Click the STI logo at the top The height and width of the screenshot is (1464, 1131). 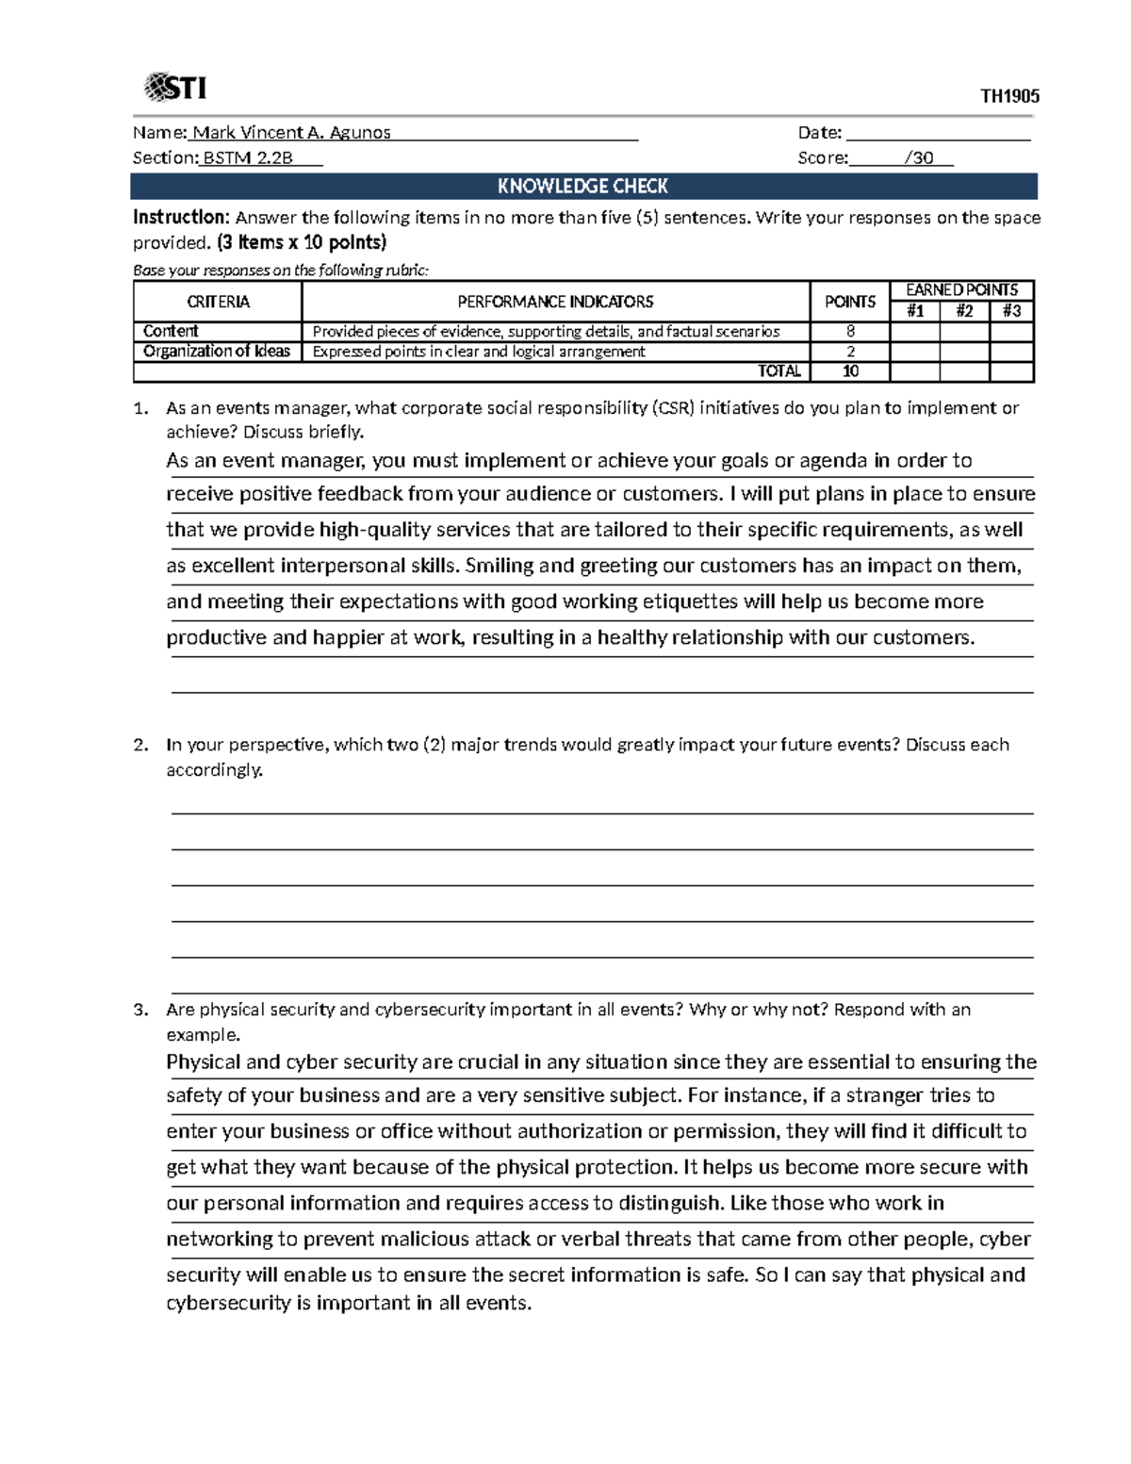coord(175,88)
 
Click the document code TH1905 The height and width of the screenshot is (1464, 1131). coord(1009,96)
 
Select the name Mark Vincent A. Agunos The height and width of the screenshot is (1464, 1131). coord(291,133)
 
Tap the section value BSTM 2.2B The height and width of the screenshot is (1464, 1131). coord(248,158)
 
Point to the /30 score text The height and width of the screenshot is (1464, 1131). coord(918,158)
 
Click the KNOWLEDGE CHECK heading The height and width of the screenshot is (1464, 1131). coord(582,187)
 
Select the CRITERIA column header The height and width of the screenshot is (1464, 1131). coord(218,302)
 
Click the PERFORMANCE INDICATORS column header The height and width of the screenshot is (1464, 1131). coord(555,302)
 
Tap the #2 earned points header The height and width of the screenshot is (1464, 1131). coord(964,311)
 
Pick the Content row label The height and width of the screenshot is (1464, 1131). coord(171,331)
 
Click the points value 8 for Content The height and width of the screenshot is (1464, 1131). coord(850,332)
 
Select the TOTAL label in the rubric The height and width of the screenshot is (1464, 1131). coord(779,371)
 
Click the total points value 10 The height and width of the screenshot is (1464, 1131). coord(850,371)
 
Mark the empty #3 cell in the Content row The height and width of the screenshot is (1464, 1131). coord(1012,332)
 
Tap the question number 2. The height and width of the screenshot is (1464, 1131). coord(140,745)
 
